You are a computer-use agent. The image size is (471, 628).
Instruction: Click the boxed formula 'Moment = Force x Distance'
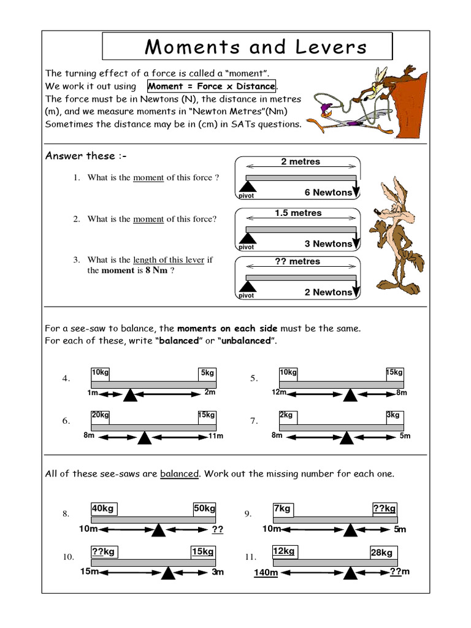212,86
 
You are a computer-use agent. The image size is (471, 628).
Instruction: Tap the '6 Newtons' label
328,193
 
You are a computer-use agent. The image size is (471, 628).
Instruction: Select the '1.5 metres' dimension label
298,213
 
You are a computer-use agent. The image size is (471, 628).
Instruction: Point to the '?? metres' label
297,261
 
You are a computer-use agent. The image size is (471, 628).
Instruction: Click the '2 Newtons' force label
328,292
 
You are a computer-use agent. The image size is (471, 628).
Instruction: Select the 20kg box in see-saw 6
101,415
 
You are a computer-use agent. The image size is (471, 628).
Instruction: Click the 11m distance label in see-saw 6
215,436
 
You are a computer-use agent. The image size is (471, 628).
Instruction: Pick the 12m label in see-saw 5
280,392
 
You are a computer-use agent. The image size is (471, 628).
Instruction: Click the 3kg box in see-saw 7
393,415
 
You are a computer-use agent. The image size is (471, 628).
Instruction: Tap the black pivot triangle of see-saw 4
129,394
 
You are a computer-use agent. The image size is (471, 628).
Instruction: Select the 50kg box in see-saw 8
205,508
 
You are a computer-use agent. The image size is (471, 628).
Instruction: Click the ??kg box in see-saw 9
385,508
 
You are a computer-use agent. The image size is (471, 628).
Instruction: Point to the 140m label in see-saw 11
266,573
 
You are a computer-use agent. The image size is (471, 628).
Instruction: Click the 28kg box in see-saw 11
382,553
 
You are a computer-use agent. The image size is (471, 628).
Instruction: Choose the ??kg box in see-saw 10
104,551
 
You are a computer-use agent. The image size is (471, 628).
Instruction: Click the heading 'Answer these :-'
80,156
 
